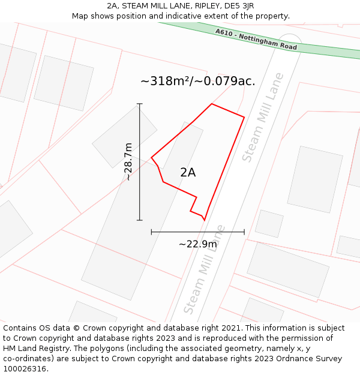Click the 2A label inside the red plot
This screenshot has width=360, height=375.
click(188, 172)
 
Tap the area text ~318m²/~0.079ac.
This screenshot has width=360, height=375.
click(197, 81)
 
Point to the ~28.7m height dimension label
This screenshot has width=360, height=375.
click(128, 161)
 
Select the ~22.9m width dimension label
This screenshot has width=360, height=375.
click(198, 244)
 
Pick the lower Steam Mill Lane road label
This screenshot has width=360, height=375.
click(204, 269)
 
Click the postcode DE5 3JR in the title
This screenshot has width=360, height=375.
click(235, 6)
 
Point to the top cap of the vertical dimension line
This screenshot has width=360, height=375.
click(140, 104)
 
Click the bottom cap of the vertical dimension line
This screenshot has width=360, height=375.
click(140, 220)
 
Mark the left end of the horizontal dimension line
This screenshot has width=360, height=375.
click(151, 232)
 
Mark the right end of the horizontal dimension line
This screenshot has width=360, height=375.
click(244, 232)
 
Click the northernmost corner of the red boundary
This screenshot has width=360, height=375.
click(212, 104)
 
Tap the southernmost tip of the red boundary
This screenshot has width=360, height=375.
click(204, 220)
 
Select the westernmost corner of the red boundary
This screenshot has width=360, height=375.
click(151, 158)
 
